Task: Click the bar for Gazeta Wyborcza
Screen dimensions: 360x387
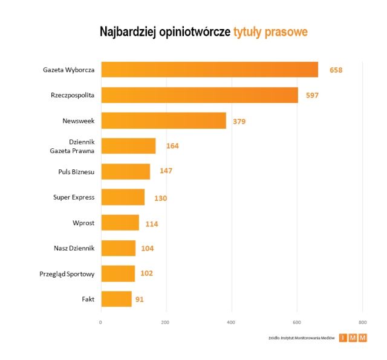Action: pyautogui.click(x=209, y=70)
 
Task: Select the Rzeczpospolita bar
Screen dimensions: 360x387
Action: pyautogui.click(x=200, y=95)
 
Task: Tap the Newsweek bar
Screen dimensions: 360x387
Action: pyautogui.click(x=163, y=120)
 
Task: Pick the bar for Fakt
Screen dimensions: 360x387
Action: pyautogui.click(x=116, y=299)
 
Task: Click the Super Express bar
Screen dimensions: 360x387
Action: pyautogui.click(x=123, y=197)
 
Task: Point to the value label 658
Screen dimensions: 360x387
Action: pyautogui.click(x=336, y=70)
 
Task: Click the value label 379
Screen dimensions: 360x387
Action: pyautogui.click(x=239, y=121)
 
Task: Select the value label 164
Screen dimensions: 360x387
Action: pyautogui.click(x=172, y=146)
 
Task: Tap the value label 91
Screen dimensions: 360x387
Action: pyautogui.click(x=140, y=299)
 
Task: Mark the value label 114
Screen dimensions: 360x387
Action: pyautogui.click(x=152, y=224)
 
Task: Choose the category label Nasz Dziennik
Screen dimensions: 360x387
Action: pyautogui.click(x=74, y=248)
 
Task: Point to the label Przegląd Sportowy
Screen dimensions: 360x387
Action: pyautogui.click(x=67, y=274)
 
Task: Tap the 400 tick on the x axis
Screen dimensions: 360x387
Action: pyautogui.click(x=231, y=322)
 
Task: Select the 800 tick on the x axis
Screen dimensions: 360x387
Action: pyautogui.click(x=362, y=322)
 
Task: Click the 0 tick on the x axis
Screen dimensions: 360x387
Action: pyautogui.click(x=101, y=322)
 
